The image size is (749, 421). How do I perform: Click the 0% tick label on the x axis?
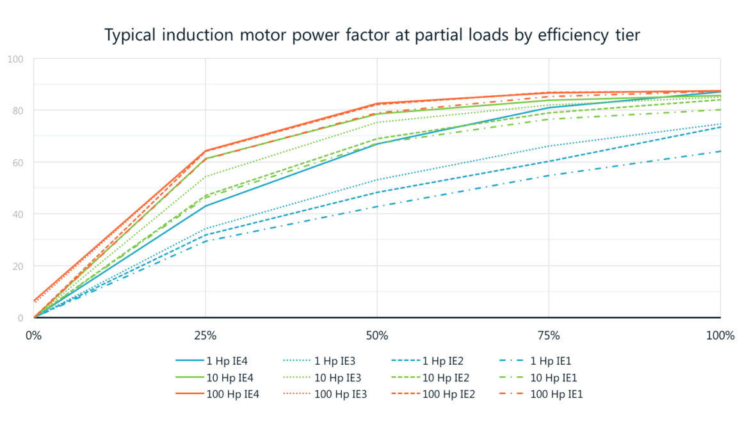point(33,335)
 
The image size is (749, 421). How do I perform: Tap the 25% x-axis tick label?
point(205,335)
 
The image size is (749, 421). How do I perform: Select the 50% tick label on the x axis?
point(376,335)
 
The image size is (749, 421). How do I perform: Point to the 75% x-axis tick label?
point(549,335)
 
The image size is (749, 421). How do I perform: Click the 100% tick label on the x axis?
point(720,335)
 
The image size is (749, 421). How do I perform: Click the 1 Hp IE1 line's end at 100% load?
point(720,152)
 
